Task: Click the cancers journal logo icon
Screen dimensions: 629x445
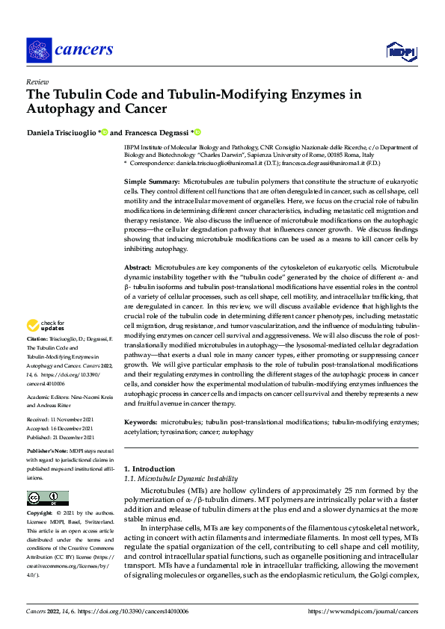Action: pyautogui.click(x=38, y=50)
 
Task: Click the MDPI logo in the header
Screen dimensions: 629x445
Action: pyautogui.click(x=399, y=50)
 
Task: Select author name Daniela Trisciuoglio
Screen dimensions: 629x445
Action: pyautogui.click(x=62, y=132)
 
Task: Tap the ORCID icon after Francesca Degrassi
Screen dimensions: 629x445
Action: pyautogui.click(x=198, y=132)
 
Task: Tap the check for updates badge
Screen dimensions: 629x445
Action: pyautogui.click(x=45, y=326)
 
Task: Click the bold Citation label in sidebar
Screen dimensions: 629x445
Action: pyautogui.click(x=39, y=339)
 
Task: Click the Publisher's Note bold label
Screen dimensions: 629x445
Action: pyautogui.click(x=48, y=452)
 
